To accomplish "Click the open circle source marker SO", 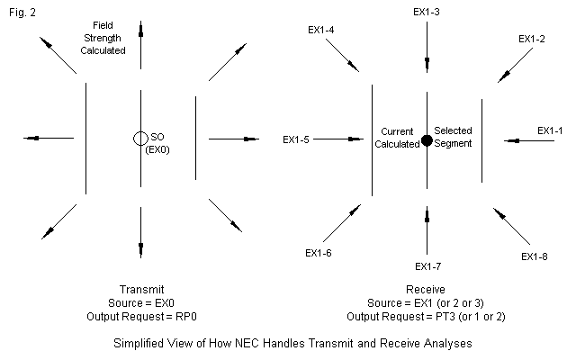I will tap(139, 139).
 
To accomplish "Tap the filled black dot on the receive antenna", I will tap(427, 139).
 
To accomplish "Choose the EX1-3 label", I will tap(427, 13).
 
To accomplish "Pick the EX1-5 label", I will tap(297, 139).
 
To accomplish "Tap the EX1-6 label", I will tap(319, 253).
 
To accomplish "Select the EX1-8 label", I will tap(534, 256).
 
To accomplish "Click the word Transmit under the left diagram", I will tap(141, 289).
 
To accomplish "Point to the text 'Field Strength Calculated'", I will tap(108, 38).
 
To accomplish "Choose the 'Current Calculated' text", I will tap(397, 137).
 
